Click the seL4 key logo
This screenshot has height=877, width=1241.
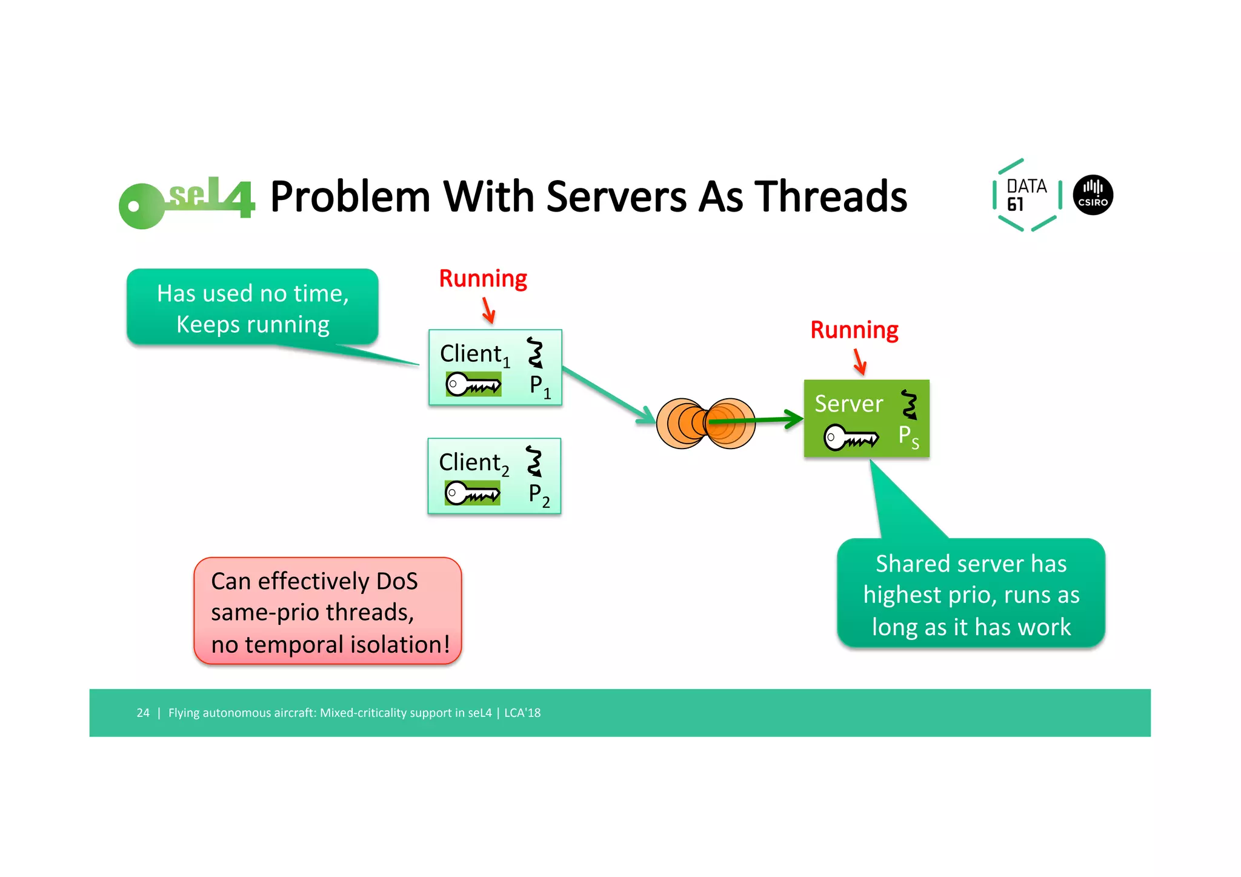tap(185, 202)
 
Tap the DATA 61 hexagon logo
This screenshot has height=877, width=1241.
tap(1026, 195)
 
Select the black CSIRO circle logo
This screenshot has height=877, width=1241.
tap(1093, 195)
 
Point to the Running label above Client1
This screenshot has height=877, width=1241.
tap(483, 279)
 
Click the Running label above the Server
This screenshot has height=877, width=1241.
tap(854, 330)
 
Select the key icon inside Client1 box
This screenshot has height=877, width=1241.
tap(473, 384)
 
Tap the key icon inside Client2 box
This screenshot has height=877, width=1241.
tap(472, 493)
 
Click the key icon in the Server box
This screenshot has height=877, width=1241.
tap(851, 437)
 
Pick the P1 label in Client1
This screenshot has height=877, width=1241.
tap(539, 386)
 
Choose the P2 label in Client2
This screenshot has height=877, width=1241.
tap(538, 495)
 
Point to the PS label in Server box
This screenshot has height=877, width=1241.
tap(908, 436)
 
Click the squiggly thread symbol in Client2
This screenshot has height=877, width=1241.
tap(534, 461)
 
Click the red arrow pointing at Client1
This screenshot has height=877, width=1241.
tap(488, 310)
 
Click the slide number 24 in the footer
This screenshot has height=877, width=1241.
tap(143, 713)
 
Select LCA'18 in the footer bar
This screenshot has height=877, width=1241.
tap(522, 713)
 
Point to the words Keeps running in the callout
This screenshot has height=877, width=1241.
tap(253, 324)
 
